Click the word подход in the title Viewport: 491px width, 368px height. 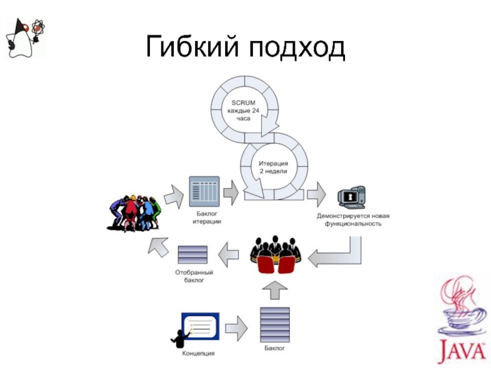(297, 47)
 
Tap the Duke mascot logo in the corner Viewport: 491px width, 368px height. (24, 36)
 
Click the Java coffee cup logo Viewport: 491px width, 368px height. (460, 319)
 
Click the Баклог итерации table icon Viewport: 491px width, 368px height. (204, 191)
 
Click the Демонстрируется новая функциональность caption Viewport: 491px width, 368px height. (352, 220)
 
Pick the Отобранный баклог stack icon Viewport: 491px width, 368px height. (192, 254)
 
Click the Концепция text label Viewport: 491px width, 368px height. (198, 353)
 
